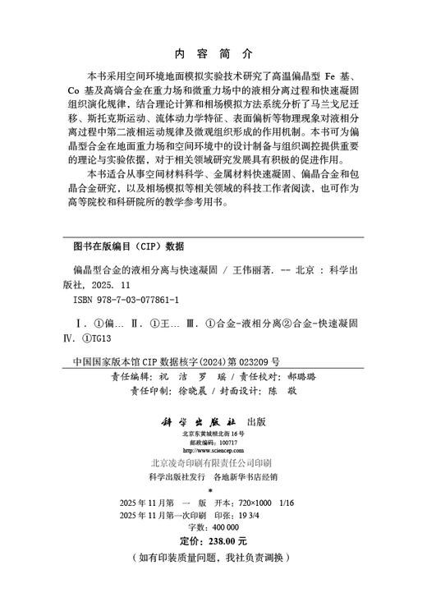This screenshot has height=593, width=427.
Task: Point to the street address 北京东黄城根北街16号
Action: [213, 433]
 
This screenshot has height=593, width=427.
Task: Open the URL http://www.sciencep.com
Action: [213, 451]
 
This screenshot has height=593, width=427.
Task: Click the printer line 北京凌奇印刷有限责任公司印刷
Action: [213, 463]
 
